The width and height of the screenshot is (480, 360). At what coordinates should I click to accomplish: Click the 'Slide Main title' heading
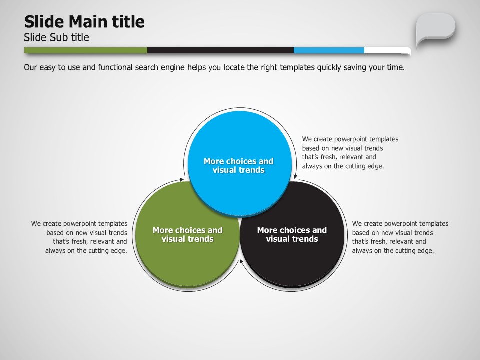[84, 22]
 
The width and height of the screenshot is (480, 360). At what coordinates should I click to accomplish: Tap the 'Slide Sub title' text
[56, 37]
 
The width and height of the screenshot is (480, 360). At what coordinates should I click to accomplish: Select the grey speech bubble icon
[435, 29]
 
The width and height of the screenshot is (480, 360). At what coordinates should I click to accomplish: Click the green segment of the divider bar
[85, 50]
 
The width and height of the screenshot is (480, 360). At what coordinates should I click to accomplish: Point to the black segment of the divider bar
[220, 50]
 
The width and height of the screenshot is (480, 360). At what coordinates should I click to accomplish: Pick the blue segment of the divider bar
[329, 50]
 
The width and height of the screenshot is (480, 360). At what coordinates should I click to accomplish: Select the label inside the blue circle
[239, 165]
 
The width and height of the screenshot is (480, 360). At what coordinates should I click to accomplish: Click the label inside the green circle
[187, 234]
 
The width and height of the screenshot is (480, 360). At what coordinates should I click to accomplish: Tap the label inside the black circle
[292, 234]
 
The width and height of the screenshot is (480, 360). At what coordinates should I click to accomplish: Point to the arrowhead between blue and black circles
[295, 176]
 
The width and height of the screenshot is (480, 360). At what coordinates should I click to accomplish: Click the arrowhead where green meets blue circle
[182, 179]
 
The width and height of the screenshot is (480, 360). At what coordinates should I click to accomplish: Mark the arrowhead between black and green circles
[241, 261]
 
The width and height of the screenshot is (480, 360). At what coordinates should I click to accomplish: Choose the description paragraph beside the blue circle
[350, 153]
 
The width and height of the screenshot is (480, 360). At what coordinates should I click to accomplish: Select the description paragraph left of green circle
[79, 237]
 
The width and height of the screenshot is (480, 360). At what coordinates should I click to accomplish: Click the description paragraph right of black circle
[400, 237]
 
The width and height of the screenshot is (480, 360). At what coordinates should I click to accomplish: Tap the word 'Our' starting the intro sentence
[30, 67]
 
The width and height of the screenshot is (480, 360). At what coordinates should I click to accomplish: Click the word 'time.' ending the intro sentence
[396, 67]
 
